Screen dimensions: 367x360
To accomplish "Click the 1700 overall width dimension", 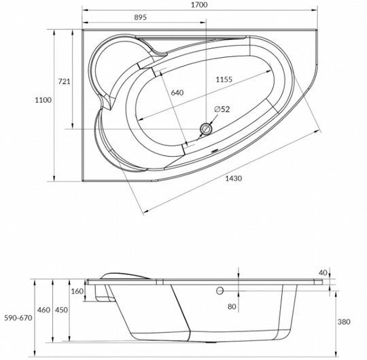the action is tap(199, 5).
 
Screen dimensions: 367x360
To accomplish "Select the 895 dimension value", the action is tap(141, 17).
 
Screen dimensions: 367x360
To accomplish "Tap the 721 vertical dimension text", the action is tap(64, 82).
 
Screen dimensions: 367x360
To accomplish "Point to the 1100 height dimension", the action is tap(43, 100).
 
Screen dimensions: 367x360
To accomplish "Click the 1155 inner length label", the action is tap(224, 79).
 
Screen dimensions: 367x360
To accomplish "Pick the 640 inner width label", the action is tap(177, 92).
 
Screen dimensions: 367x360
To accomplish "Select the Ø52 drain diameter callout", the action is tap(222, 109).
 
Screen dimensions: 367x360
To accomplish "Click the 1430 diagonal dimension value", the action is tap(233, 179).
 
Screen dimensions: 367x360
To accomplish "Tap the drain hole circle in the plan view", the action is tap(206, 128).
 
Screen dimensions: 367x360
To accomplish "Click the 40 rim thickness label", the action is tap(323, 273).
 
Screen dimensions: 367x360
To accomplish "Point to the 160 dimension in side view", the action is tap(77, 291).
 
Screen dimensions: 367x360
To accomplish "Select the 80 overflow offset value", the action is tap(232, 306).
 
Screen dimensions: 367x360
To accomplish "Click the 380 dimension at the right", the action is tap(344, 322).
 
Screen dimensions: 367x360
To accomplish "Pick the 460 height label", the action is tap(43, 310).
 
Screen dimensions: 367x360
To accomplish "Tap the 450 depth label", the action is tap(61, 310).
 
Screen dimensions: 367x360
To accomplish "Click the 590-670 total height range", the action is tap(18, 318).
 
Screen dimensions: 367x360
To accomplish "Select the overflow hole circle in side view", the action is tap(220, 291).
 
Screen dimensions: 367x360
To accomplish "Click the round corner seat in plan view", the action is tap(92, 70).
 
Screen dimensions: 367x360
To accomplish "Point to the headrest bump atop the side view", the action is tap(125, 276).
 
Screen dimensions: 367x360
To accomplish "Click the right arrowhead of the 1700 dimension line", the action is tap(315, 10).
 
